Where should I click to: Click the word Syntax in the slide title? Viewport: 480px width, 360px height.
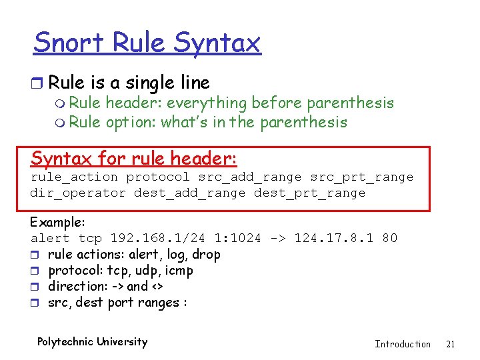(x=216, y=44)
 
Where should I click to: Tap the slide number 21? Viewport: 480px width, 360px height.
(x=450, y=344)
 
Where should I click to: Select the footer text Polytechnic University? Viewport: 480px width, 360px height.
(x=92, y=342)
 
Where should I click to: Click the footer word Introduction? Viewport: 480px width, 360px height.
(x=403, y=344)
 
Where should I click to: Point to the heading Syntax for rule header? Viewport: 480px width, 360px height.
(x=134, y=159)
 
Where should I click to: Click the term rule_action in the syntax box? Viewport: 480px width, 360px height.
(x=75, y=177)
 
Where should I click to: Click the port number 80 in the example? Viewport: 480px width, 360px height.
(x=390, y=238)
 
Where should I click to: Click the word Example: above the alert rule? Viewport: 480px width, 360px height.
(x=57, y=222)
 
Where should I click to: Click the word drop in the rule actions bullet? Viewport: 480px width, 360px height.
(x=206, y=254)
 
